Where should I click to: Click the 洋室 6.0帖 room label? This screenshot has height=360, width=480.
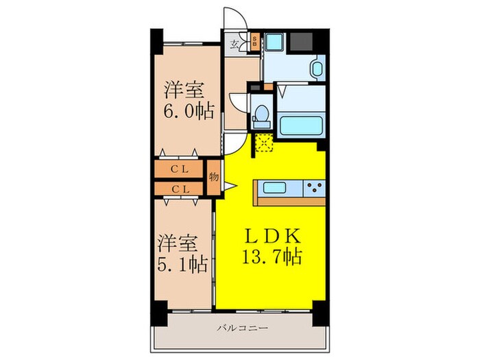point(187,99)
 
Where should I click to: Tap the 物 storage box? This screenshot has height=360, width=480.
point(213,177)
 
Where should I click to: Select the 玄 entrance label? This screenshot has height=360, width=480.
point(235,46)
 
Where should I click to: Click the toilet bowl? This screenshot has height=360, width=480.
point(260,117)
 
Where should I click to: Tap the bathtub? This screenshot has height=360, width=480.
point(302,127)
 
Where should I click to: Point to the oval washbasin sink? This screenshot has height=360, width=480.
point(317,69)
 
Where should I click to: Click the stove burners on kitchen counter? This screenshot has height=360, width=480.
point(315,187)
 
